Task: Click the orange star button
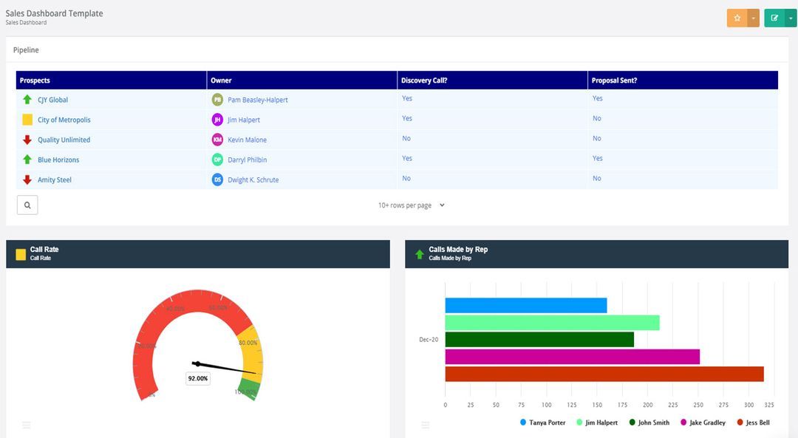point(737,18)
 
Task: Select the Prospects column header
point(35,81)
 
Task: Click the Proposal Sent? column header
point(614,81)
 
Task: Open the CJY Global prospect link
point(52,100)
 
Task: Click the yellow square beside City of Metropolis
point(27,120)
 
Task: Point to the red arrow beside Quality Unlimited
point(27,140)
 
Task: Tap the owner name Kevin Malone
point(247,140)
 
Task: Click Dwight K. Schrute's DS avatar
point(217,179)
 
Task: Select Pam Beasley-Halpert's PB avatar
point(217,100)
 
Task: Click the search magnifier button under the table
point(27,205)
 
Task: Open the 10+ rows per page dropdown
point(412,205)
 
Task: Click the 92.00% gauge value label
point(198,378)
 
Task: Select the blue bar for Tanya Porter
point(525,305)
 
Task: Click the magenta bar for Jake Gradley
point(572,357)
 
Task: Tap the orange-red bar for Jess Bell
point(604,374)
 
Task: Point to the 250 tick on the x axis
point(698,405)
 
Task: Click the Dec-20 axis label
point(429,340)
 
